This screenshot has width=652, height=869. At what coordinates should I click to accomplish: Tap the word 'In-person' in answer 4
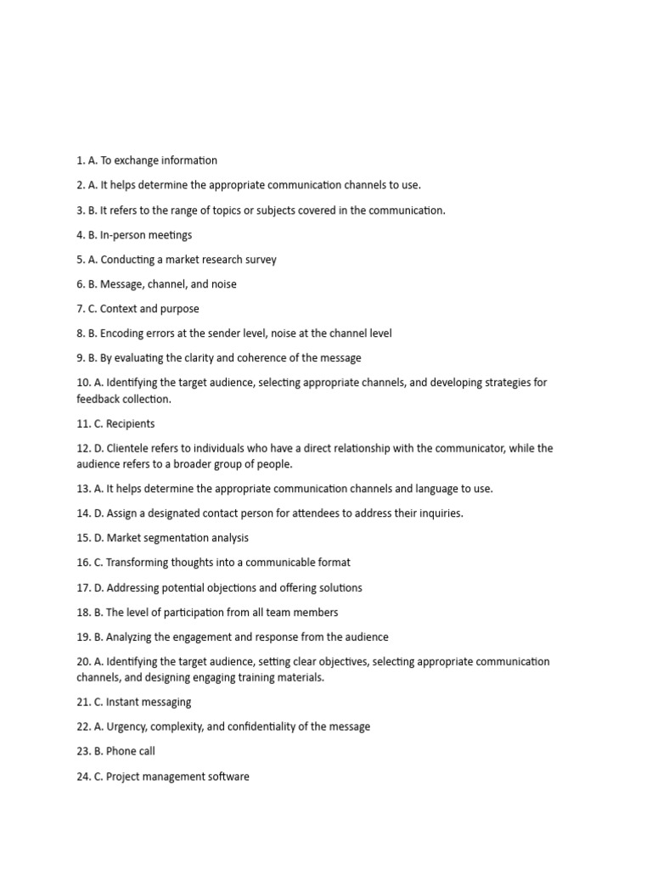(x=125, y=235)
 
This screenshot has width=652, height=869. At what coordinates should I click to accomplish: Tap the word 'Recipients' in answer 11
(x=131, y=423)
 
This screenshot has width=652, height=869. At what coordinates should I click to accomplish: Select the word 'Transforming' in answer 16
(x=141, y=563)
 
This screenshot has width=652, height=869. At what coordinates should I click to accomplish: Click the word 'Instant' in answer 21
(x=125, y=702)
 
